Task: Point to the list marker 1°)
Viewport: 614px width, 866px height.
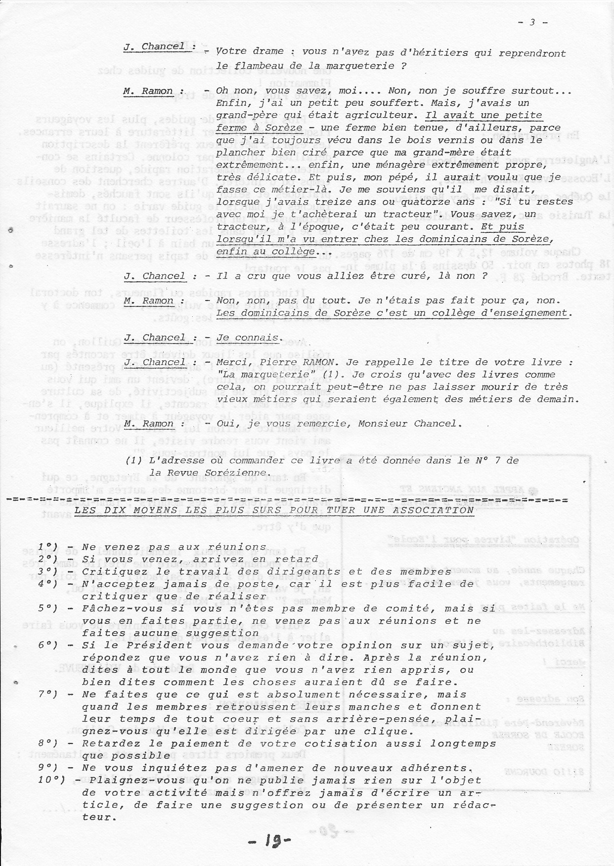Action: [48, 547]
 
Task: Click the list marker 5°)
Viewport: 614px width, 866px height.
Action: [48, 608]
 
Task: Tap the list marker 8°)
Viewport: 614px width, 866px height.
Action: [48, 743]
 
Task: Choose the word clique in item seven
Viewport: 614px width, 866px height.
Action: [383, 732]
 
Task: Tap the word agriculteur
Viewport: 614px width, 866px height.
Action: [386, 116]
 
